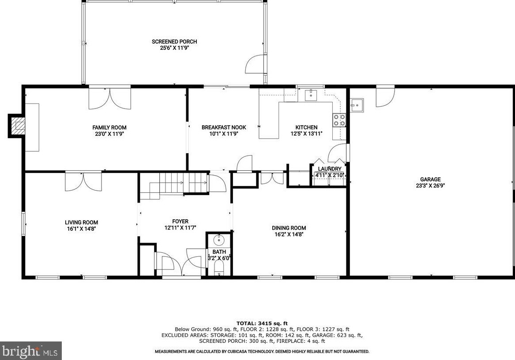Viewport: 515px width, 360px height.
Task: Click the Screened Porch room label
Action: pos(174,41)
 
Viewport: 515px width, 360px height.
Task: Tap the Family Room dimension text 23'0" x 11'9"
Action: pos(109,134)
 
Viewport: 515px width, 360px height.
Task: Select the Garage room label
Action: pos(430,179)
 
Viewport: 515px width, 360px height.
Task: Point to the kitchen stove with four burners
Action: pos(339,120)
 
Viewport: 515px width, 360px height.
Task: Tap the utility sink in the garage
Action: pos(357,105)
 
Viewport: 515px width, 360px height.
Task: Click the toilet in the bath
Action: pos(219,269)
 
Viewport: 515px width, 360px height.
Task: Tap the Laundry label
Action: pos(329,169)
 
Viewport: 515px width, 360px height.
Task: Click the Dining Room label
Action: pos(289,228)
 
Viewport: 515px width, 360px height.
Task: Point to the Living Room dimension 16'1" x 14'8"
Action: pos(81,229)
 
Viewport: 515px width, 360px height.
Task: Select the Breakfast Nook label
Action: pos(224,127)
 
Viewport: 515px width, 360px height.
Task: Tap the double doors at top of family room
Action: pos(109,98)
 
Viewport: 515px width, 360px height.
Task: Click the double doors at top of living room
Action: pos(83,181)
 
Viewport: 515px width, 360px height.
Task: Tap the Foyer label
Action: pos(180,221)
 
